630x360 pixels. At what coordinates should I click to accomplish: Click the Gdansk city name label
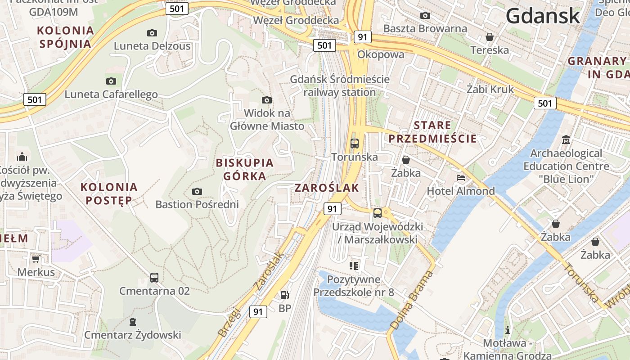tap(543, 16)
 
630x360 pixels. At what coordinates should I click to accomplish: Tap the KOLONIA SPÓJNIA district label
tap(66, 37)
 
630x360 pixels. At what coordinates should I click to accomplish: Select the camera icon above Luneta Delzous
tap(152, 33)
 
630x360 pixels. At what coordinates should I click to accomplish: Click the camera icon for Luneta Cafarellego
tap(111, 81)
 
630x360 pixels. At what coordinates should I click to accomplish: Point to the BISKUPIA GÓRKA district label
tap(245, 169)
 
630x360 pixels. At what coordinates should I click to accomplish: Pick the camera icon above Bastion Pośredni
tap(197, 191)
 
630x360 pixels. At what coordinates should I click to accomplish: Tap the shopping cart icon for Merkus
tap(36, 259)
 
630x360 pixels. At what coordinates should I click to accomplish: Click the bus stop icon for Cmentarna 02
tap(154, 277)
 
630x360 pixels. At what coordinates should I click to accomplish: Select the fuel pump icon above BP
tap(284, 295)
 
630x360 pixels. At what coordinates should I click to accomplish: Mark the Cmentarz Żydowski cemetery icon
tap(133, 322)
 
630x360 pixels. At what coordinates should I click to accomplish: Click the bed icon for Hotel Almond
tap(461, 178)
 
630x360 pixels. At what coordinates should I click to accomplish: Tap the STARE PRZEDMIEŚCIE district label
tap(432, 132)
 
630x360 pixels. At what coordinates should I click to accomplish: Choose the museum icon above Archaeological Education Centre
tap(566, 140)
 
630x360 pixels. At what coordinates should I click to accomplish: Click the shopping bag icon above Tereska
tap(490, 36)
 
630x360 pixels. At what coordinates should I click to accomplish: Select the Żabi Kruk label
tap(490, 89)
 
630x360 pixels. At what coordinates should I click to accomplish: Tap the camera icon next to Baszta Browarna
tap(425, 16)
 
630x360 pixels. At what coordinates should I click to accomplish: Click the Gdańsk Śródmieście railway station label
tap(340, 85)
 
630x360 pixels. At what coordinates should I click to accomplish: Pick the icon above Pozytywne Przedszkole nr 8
tap(354, 266)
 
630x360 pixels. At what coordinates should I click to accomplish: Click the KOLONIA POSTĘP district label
tap(109, 193)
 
